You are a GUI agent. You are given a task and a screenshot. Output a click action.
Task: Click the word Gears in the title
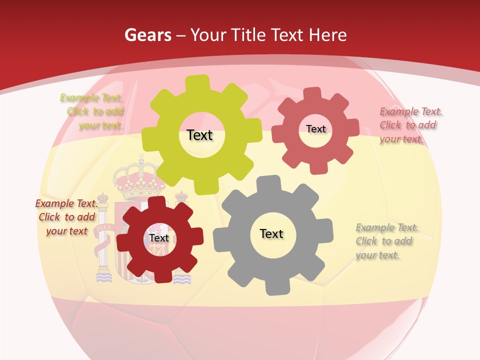147,35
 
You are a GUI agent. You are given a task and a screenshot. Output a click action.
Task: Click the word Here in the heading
327,35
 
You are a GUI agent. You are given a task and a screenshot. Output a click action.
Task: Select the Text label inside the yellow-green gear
199,135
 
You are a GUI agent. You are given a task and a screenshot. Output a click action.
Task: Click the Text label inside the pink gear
315,129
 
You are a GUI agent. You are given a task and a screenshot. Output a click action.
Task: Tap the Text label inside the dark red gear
159,238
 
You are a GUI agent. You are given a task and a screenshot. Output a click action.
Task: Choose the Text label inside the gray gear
271,233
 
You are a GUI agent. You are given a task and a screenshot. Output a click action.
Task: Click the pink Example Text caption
410,125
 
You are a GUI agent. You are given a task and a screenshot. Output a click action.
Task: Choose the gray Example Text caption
386,241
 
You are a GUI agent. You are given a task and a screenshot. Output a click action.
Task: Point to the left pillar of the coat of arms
103,235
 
